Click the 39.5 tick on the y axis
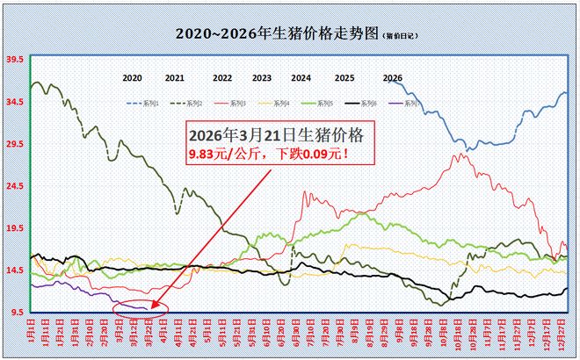[14, 60]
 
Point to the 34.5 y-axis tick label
[14, 102]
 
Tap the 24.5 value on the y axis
[14, 186]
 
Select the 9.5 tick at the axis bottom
[16, 313]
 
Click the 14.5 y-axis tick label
[14, 270]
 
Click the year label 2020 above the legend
[132, 78]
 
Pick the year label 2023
[261, 78]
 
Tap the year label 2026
[393, 78]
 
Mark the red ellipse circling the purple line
[141, 308]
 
